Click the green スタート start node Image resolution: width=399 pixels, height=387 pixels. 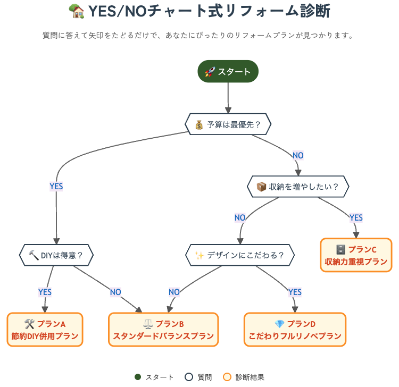(x=228, y=72)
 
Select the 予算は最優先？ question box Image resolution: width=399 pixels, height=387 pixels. (x=228, y=125)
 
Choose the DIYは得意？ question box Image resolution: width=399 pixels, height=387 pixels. (x=56, y=255)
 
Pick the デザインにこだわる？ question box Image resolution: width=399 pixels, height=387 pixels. (x=240, y=255)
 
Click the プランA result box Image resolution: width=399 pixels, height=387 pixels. (x=45, y=330)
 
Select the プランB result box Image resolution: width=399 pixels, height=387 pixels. (x=163, y=330)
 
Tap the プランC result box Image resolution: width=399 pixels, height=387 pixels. (x=356, y=255)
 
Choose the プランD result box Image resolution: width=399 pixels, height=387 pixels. (x=295, y=330)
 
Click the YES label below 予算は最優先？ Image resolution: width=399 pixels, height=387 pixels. (x=56, y=187)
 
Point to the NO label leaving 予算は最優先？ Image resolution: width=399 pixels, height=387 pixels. (x=298, y=155)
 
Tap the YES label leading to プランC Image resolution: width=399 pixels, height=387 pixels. (x=356, y=217)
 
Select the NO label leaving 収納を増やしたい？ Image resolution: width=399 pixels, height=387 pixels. (x=240, y=217)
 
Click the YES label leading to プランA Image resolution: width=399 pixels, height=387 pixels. (x=45, y=292)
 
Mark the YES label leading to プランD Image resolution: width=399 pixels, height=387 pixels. (x=295, y=292)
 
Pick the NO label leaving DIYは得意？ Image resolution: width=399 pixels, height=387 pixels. (x=115, y=292)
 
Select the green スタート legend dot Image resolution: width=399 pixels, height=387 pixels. (x=138, y=377)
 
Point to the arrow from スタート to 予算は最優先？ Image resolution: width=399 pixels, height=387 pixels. (x=228, y=98)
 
